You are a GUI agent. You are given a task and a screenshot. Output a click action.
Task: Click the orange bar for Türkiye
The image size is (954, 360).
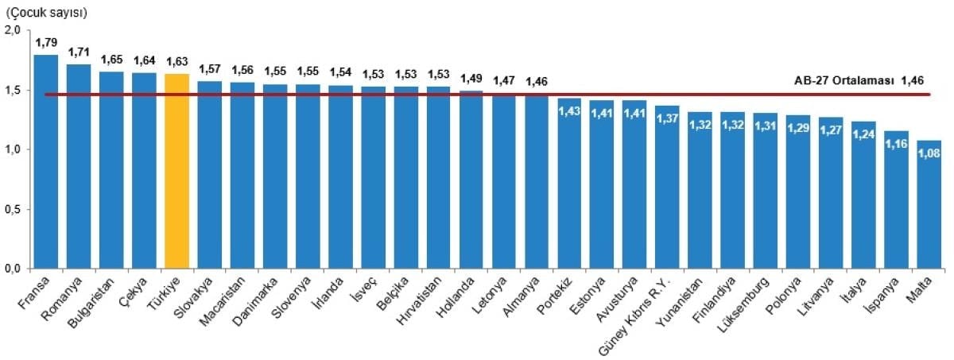[x=176, y=171]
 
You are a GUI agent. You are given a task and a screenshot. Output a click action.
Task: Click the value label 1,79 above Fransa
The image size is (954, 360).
[x=46, y=42]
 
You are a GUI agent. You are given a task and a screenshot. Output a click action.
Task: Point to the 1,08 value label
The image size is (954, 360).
[x=929, y=153]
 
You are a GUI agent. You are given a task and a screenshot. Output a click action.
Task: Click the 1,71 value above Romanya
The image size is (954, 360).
[x=79, y=52]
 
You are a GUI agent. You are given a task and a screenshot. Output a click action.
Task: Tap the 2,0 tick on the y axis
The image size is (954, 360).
[x=13, y=30]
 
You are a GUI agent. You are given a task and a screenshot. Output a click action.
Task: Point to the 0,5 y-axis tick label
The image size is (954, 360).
[x=13, y=210]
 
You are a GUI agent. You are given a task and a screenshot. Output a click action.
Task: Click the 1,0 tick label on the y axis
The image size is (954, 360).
[x=13, y=149]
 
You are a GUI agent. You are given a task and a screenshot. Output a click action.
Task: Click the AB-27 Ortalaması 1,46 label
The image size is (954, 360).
[x=862, y=81]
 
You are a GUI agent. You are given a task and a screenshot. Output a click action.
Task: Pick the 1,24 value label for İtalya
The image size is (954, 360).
[x=863, y=134]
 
